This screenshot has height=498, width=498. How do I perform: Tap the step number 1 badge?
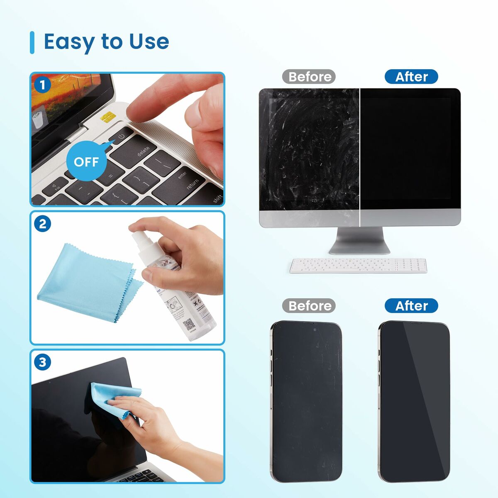coord(42,85)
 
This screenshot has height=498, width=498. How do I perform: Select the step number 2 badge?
coord(42,224)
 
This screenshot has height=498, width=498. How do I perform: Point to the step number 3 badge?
coord(42,362)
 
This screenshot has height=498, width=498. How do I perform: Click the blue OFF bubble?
coord(86,161)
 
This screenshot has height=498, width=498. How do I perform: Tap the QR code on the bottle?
coord(189,324)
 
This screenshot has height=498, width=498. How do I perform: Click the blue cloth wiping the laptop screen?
coord(112,398)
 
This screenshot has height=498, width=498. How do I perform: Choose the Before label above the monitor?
coord(309,77)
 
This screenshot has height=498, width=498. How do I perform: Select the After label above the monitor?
coord(411,77)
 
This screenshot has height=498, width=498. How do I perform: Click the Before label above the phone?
coord(309,306)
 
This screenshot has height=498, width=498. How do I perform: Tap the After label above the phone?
coord(411,306)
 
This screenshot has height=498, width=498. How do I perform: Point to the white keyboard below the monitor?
coord(358,266)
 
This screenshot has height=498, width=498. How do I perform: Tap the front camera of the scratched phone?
coord(315,330)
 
